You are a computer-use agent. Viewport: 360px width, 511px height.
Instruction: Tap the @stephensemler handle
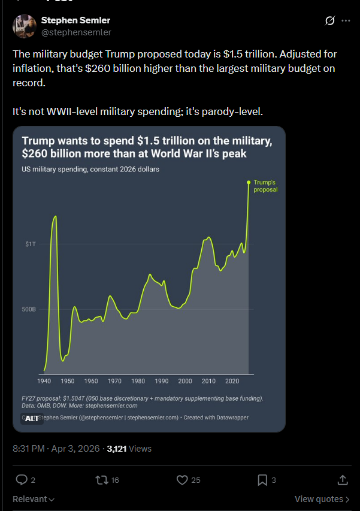click(x=76, y=32)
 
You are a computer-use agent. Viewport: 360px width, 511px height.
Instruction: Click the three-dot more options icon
click(x=346, y=21)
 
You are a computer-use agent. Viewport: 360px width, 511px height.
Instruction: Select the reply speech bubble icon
click(x=22, y=479)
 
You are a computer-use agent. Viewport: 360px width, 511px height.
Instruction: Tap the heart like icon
click(x=183, y=479)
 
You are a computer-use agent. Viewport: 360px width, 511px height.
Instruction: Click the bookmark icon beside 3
click(x=262, y=479)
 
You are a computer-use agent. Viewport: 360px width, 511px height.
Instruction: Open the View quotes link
click(x=322, y=499)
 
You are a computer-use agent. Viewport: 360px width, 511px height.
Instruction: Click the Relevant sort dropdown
click(x=34, y=499)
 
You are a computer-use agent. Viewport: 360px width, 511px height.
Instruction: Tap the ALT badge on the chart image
click(x=32, y=419)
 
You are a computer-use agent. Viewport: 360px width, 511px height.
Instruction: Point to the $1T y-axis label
click(x=31, y=244)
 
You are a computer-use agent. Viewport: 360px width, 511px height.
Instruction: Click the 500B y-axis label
click(x=29, y=309)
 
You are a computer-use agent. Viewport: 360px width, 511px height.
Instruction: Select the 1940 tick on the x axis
click(x=44, y=381)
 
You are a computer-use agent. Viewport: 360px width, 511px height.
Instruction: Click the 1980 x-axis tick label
click(x=138, y=381)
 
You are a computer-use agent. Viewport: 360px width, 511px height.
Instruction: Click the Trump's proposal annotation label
click(x=265, y=186)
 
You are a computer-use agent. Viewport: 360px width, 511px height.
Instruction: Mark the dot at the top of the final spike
click(x=249, y=182)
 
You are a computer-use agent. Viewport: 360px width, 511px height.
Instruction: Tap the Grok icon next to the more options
click(x=329, y=21)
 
